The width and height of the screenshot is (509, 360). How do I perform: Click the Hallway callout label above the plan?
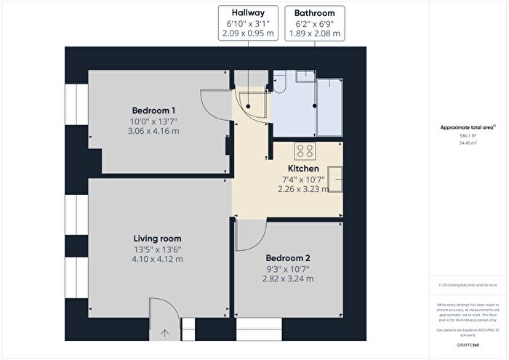click(248, 13)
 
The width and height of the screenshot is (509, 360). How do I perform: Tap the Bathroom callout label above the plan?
click(315, 13)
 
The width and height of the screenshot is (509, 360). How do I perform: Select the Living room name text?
click(157, 239)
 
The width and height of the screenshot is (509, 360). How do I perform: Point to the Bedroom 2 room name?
click(288, 258)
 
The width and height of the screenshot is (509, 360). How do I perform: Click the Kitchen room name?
click(303, 168)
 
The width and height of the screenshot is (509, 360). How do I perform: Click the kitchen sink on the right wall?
click(335, 178)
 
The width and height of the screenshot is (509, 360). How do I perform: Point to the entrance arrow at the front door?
click(164, 334)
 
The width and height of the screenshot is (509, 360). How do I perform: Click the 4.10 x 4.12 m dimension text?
click(157, 259)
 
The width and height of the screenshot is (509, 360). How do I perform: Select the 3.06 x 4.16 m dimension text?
click(153, 131)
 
